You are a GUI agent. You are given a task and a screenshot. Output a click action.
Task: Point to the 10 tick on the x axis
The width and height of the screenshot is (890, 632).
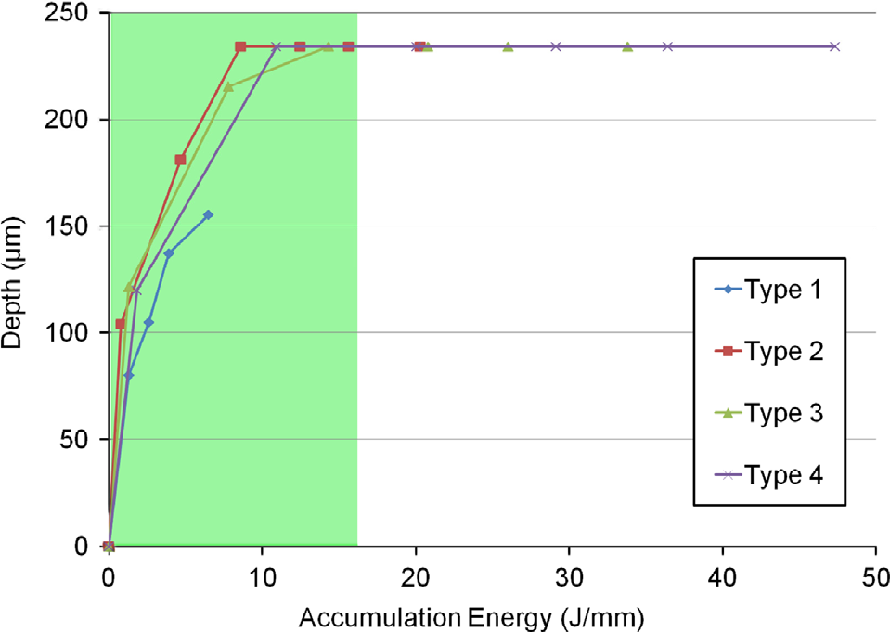pyautogui.click(x=262, y=574)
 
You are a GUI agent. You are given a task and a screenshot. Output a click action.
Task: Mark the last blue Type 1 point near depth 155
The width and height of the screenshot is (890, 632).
pyautogui.click(x=208, y=214)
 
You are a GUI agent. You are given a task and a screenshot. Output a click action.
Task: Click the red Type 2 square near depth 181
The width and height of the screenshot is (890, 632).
pyautogui.click(x=180, y=160)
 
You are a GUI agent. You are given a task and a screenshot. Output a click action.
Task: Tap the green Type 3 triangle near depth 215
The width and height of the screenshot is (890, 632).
pyautogui.click(x=228, y=86)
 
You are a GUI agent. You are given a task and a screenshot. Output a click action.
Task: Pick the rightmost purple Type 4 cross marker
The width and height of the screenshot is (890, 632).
pyautogui.click(x=834, y=46)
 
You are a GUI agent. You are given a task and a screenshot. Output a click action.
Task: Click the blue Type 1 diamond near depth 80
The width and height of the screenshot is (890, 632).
pyautogui.click(x=129, y=375)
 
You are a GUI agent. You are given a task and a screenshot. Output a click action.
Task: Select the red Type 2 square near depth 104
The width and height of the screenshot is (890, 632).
pyautogui.click(x=120, y=324)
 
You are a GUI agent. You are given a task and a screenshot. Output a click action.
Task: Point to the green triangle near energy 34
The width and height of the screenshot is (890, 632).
pyautogui.click(x=627, y=46)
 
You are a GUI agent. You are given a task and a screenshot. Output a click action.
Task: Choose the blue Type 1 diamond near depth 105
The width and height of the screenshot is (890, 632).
pyautogui.click(x=148, y=322)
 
